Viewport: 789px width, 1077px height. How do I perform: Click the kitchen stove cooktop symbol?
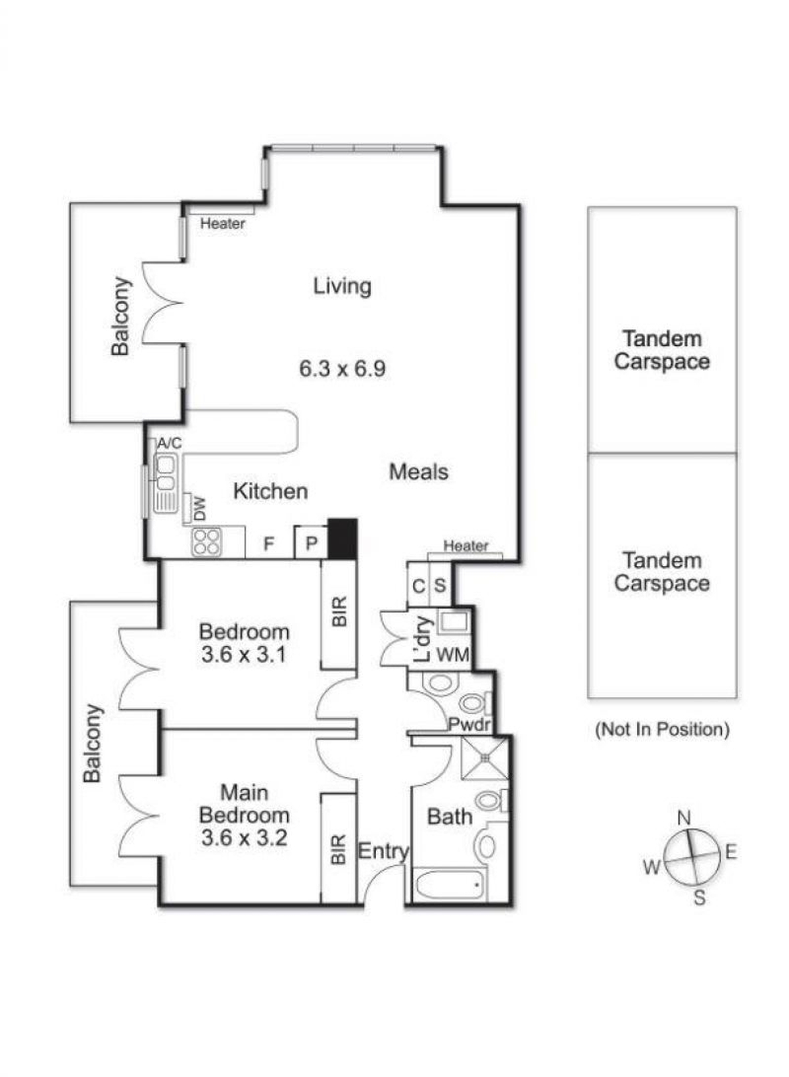[x=206, y=542]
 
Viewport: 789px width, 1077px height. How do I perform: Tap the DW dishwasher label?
[x=199, y=509]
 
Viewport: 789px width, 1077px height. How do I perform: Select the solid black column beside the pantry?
[x=343, y=538]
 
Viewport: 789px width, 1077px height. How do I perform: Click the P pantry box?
[x=311, y=542]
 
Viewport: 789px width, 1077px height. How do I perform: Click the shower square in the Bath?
[x=485, y=758]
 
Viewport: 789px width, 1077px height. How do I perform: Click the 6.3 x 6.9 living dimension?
[x=343, y=369]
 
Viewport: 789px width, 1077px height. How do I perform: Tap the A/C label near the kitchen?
[x=169, y=443]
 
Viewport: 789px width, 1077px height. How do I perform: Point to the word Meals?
[x=418, y=471]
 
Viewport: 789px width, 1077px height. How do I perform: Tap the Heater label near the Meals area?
[x=466, y=546]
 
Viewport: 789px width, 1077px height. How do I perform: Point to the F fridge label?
[x=269, y=543]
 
